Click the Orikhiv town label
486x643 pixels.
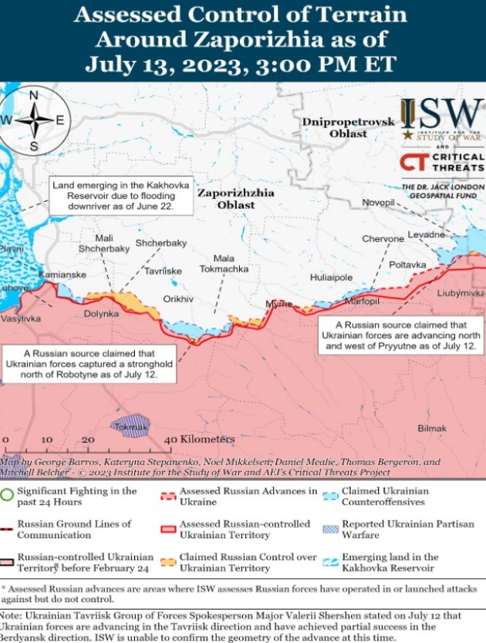pyautogui.click(x=178, y=298)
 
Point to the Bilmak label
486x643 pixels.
pyautogui.click(x=431, y=428)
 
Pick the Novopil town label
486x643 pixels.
pyautogui.click(x=378, y=202)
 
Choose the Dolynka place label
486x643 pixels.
pyautogui.click(x=101, y=314)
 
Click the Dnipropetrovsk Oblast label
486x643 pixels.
pyautogui.click(x=348, y=127)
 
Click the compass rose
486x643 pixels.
pyautogui.click(x=34, y=120)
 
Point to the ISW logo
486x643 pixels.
pyautogui.click(x=442, y=117)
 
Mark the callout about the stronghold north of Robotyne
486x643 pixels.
pyautogui.click(x=90, y=362)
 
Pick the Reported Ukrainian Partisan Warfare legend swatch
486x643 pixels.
pyautogui.click(x=330, y=529)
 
